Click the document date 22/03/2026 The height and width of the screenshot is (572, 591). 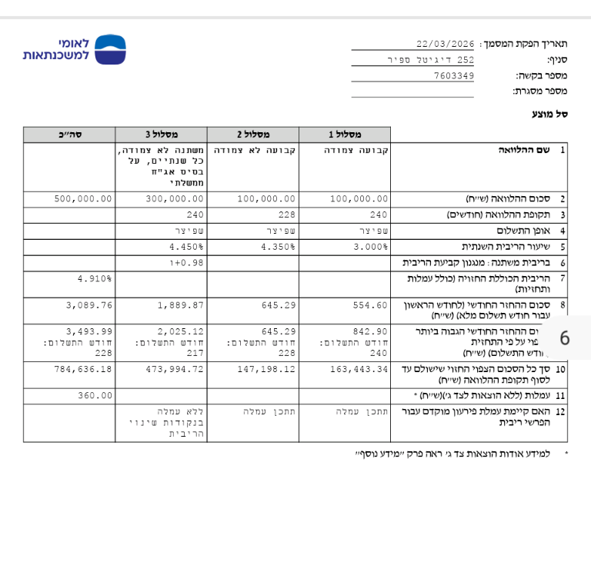pos(445,44)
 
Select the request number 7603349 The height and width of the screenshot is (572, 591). pos(454,75)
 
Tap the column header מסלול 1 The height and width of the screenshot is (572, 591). pos(345,135)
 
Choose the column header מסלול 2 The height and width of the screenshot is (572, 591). pos(253,135)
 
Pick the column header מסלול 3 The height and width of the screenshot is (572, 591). pos(162,135)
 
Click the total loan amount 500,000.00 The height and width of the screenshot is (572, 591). pos(83,198)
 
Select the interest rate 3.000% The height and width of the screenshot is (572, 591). pos(371,248)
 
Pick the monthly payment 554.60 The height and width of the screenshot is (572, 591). pos(369,305)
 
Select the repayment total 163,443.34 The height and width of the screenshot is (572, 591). pos(358,370)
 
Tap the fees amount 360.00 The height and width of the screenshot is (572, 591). pos(95,395)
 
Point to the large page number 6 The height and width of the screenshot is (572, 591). pos(565,338)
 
